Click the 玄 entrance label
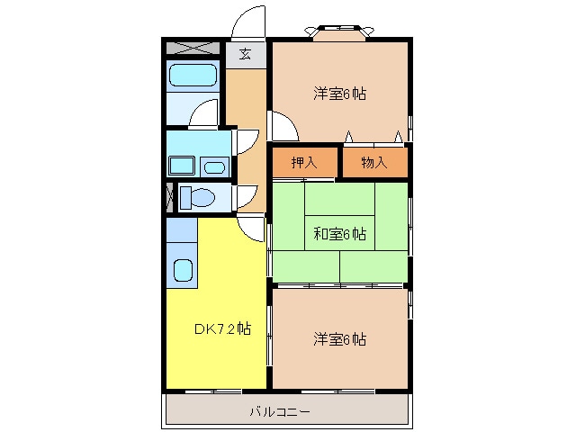click(245, 54)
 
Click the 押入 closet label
click(304, 162)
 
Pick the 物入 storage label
click(373, 162)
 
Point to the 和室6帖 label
click(339, 234)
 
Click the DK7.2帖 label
click(221, 329)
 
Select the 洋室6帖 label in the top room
click(339, 93)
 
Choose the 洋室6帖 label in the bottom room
click(339, 339)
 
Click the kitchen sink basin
click(183, 269)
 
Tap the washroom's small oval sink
click(214, 166)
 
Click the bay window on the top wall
click(340, 32)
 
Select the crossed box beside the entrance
click(193, 47)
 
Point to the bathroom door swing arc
click(205, 112)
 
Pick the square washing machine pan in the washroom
click(183, 166)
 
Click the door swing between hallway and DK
click(255, 229)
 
